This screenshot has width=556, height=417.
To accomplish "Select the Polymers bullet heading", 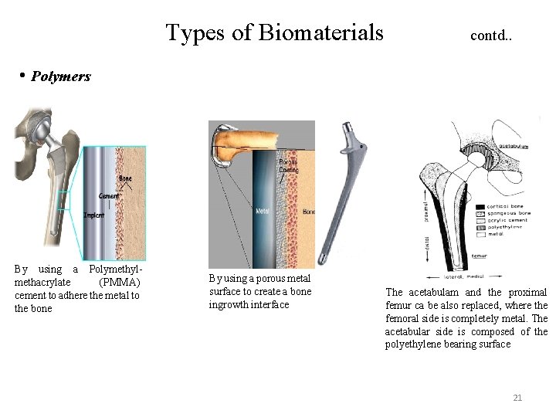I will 61,76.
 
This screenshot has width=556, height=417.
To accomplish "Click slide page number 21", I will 517,398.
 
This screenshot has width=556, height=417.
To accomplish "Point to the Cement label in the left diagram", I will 109,196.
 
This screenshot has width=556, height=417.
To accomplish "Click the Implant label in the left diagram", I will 93,215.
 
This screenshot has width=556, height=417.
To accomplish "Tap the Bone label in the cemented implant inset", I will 125,179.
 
